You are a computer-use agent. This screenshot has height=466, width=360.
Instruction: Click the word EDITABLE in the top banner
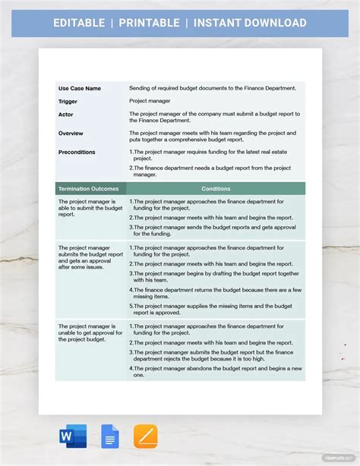tap(78, 23)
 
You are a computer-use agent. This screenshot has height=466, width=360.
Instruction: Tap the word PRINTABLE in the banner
tap(149, 23)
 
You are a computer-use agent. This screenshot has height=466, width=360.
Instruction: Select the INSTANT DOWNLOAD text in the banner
tap(250, 23)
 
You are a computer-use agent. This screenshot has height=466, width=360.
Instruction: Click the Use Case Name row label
tap(80, 88)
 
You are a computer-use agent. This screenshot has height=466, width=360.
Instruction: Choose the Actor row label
tap(66, 114)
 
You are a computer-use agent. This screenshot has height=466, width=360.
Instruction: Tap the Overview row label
tap(71, 133)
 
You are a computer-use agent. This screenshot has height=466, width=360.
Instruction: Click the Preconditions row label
tap(77, 152)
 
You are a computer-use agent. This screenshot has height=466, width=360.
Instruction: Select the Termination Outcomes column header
tap(88, 188)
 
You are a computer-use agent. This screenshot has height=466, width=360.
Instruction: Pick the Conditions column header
tap(216, 188)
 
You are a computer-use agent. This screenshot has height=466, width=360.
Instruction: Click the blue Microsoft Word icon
tap(73, 436)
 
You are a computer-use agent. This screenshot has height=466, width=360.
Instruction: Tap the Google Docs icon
tap(110, 436)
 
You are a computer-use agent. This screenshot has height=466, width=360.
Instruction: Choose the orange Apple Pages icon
tap(146, 436)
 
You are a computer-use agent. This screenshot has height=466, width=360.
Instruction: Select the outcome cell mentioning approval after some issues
tap(90, 257)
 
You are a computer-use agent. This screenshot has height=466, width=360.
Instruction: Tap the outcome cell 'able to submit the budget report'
tap(90, 207)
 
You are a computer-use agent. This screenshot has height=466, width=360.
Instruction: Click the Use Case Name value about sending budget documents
tap(213, 88)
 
